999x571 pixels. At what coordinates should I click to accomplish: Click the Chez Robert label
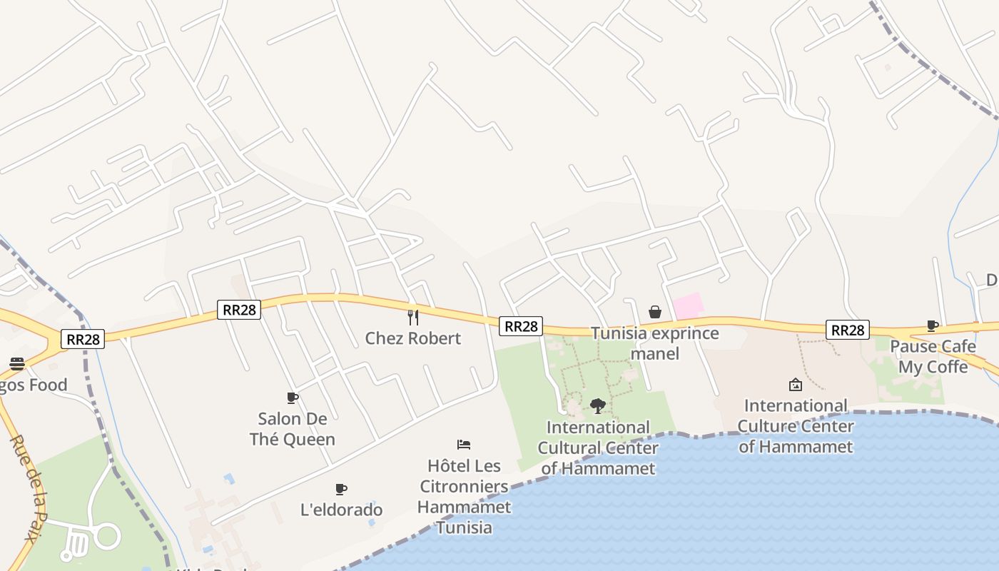pyautogui.click(x=412, y=338)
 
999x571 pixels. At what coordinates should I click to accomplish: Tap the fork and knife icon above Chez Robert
pyautogui.click(x=412, y=316)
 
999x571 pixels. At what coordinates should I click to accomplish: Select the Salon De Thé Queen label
pyautogui.click(x=293, y=429)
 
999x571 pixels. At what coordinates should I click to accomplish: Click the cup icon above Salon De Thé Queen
pyautogui.click(x=292, y=398)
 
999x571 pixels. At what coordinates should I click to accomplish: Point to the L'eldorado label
pyautogui.click(x=341, y=510)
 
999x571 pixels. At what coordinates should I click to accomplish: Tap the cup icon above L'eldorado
pyautogui.click(x=341, y=489)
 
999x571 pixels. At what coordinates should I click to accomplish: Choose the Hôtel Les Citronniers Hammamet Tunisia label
pyautogui.click(x=464, y=497)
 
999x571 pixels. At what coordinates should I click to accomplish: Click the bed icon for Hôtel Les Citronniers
pyautogui.click(x=464, y=445)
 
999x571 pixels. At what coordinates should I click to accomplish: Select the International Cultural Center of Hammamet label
pyautogui.click(x=598, y=448)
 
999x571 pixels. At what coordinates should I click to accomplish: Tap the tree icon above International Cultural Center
pyautogui.click(x=598, y=406)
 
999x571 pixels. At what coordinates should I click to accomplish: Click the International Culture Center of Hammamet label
pyautogui.click(x=796, y=426)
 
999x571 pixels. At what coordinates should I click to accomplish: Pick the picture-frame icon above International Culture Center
pyautogui.click(x=796, y=385)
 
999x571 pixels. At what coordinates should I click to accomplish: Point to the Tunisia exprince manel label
pyautogui.click(x=655, y=343)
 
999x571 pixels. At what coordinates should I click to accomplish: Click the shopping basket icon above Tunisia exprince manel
pyautogui.click(x=655, y=312)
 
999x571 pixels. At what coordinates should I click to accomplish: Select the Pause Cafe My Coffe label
pyautogui.click(x=933, y=357)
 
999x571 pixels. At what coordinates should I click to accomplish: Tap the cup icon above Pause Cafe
pyautogui.click(x=933, y=325)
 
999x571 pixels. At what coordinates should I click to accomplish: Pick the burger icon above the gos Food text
pyautogui.click(x=17, y=364)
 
